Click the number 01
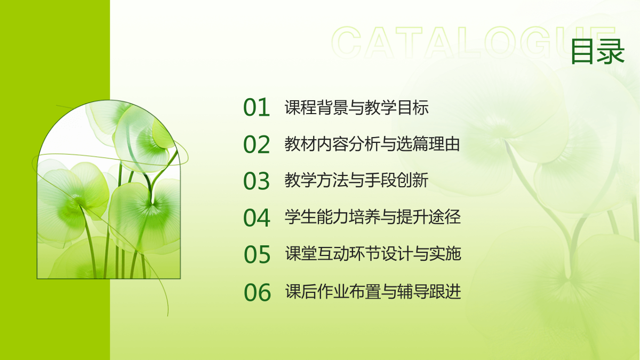[x=257, y=107]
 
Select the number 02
[x=257, y=145]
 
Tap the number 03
[x=257, y=181]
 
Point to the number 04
[x=257, y=218]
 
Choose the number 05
[x=257, y=254]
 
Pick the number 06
[x=257, y=292]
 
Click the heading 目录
[x=598, y=51]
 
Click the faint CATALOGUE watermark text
[x=473, y=43]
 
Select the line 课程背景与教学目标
[x=357, y=107]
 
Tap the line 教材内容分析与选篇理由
[x=372, y=144]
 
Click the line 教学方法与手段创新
[x=356, y=180]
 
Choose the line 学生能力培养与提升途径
[x=373, y=217]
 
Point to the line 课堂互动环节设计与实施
[x=373, y=254]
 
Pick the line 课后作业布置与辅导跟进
[x=373, y=291]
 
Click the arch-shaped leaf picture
[x=109, y=189]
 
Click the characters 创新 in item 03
[x=412, y=180]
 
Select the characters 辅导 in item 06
[x=413, y=291]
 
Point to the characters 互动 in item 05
[x=333, y=254]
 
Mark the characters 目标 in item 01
[x=413, y=107]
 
